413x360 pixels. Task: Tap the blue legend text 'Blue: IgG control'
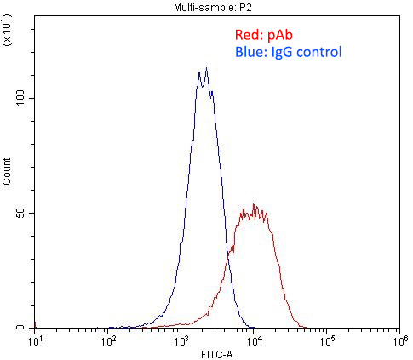[x=288, y=53]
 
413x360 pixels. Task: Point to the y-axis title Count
[x=8, y=173]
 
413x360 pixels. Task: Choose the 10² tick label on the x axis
[x=109, y=342]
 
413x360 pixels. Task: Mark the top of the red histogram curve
[x=253, y=204]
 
